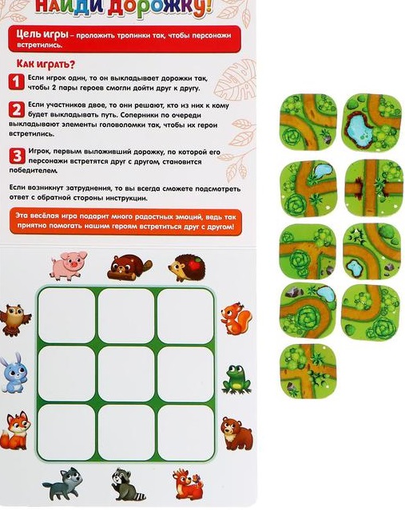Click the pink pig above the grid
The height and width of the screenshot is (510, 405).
tap(69, 266)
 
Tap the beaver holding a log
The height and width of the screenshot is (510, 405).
tap(129, 267)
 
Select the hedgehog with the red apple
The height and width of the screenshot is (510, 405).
tap(187, 267)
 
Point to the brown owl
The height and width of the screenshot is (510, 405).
tap(15, 319)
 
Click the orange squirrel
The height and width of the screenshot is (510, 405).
tap(236, 318)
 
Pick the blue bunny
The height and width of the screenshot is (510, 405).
tap(14, 373)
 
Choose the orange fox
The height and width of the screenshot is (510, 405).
tap(15, 431)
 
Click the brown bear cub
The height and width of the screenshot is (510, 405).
tap(236, 433)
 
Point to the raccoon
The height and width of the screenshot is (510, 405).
tap(128, 484)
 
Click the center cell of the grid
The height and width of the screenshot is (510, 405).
tap(126, 374)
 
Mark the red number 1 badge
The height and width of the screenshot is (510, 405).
tap(16, 81)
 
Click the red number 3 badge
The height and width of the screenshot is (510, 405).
tap(17, 156)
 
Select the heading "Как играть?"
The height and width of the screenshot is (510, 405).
tap(46, 64)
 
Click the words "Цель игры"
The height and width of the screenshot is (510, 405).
tap(42, 34)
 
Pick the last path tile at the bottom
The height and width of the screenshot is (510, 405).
tap(308, 371)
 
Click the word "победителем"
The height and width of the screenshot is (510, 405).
tap(34, 170)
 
